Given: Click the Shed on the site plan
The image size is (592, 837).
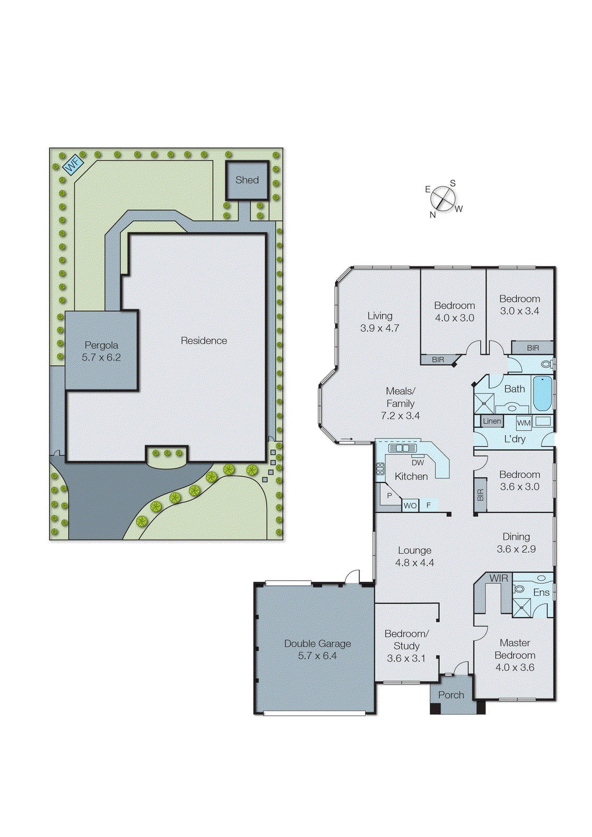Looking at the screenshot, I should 247,180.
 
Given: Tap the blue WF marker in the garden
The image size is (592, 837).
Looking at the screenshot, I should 73,165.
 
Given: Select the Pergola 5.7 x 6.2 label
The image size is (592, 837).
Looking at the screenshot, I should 101,352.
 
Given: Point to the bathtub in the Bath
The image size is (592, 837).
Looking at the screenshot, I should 542,393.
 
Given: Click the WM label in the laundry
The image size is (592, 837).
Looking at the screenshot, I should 524,423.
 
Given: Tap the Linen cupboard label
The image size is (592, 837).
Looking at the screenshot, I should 492,421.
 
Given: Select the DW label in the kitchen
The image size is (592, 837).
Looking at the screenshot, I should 417,462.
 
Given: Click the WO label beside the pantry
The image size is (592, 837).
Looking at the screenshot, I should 410,505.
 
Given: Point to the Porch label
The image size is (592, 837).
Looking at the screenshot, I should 451,695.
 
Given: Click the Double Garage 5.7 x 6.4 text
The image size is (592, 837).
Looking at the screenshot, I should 317,650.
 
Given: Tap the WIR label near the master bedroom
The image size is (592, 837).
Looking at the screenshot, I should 498,579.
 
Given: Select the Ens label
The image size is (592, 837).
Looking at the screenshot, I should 541,593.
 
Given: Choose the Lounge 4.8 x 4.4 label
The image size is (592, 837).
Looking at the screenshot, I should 414,557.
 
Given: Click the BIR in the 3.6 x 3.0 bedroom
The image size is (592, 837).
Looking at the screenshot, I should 481,495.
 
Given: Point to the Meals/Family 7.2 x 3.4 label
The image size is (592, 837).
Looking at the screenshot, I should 400,403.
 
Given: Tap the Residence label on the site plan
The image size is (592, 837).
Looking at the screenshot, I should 204,341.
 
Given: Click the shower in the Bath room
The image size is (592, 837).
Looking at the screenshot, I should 484,403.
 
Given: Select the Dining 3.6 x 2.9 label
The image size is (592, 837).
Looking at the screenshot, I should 516,543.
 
